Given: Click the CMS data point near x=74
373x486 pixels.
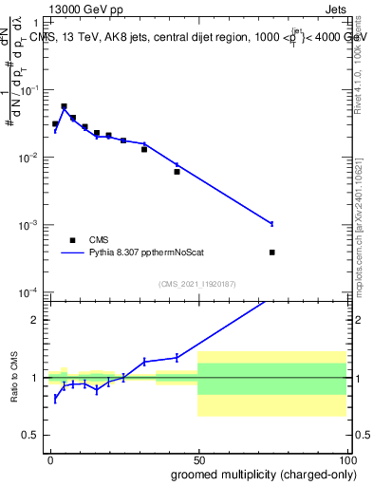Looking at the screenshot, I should [272, 252].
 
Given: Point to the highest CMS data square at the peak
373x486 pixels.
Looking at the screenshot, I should [64, 106].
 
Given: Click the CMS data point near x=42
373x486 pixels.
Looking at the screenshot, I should [177, 172].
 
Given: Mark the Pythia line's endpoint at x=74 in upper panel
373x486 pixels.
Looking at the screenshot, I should [272, 224].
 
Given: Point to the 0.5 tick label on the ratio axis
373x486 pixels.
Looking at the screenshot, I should [34, 436].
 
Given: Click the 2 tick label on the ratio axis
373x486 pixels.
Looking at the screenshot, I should [38, 319].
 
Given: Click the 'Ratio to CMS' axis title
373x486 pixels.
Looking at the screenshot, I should [13, 377].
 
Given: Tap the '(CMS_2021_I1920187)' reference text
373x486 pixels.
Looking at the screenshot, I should [197, 283].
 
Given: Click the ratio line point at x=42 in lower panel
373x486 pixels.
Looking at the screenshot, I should [177, 358].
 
